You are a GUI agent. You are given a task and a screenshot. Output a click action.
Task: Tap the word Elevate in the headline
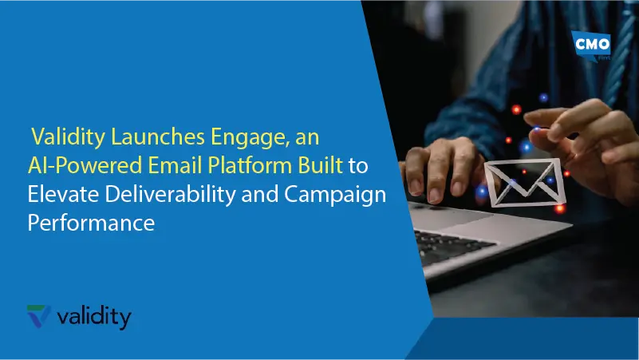(x=58, y=195)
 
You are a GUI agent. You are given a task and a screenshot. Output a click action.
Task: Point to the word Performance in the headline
(x=90, y=223)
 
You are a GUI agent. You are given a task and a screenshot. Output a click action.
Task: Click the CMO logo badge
(x=593, y=45)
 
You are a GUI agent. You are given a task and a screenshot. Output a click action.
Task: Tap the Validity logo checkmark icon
(x=38, y=317)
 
